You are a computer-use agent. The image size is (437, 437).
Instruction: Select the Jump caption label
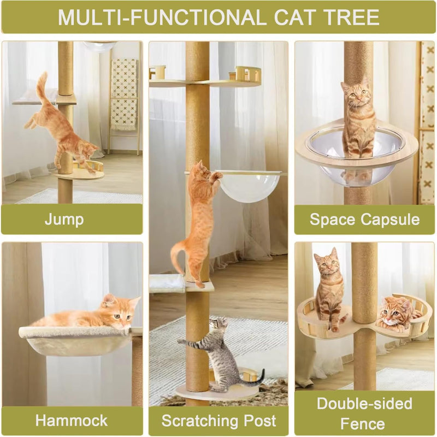tap(64, 220)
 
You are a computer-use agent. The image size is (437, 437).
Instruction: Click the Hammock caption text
tap(72, 421)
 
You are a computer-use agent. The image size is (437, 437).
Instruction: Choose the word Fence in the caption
tap(363, 423)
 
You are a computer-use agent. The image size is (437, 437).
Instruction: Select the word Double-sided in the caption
tap(364, 404)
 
